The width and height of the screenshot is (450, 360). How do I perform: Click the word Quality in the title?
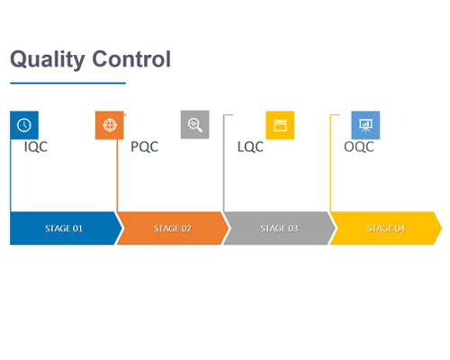pyautogui.click(x=48, y=60)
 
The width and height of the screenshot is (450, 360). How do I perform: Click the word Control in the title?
pyautogui.click(x=131, y=58)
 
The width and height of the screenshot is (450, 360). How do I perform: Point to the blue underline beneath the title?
pyautogui.click(x=67, y=83)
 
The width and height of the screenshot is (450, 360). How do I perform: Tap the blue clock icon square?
pyautogui.click(x=24, y=125)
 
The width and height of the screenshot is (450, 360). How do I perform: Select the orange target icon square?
pyautogui.click(x=110, y=125)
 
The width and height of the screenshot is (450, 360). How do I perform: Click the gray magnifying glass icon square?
pyautogui.click(x=195, y=124)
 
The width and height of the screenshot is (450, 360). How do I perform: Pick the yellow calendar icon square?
pyautogui.click(x=280, y=125)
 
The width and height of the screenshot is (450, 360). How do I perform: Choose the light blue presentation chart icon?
pyautogui.click(x=365, y=125)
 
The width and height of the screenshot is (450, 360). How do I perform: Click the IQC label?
pyautogui.click(x=36, y=147)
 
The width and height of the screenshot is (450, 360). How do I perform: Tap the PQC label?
pyautogui.click(x=145, y=147)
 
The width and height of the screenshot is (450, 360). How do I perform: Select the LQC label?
pyautogui.click(x=250, y=147)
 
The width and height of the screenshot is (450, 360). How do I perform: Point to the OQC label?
pyautogui.click(x=359, y=147)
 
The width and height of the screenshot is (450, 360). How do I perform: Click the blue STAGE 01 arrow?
pyautogui.click(x=64, y=229)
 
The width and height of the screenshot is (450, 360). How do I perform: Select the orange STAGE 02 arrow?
pyautogui.click(x=173, y=229)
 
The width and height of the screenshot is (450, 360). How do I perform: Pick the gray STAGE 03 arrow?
pyautogui.click(x=279, y=229)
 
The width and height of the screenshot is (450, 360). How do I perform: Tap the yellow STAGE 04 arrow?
pyautogui.click(x=386, y=229)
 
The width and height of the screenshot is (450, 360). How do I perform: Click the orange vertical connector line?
pyautogui.click(x=117, y=175)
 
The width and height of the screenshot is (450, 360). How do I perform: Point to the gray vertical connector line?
pyautogui.click(x=224, y=164)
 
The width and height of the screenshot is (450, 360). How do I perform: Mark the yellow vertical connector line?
pyautogui.click(x=330, y=164)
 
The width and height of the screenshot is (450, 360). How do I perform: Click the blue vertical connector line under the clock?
pyautogui.click(x=11, y=175)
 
